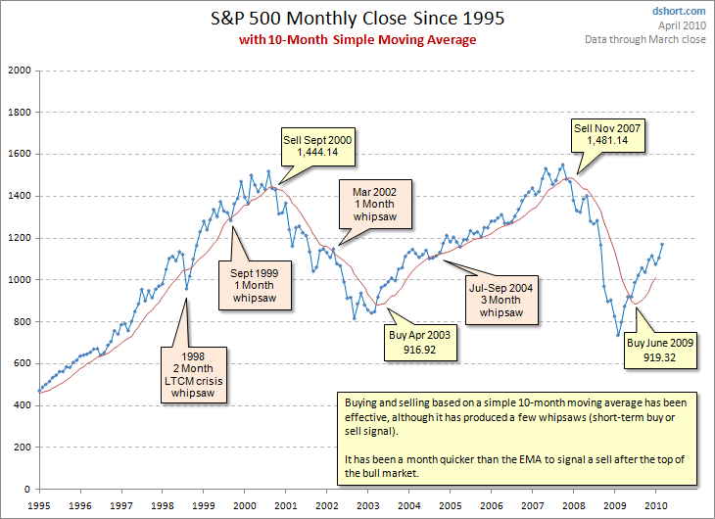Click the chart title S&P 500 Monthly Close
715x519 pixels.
click(357, 19)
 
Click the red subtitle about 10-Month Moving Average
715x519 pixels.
click(357, 39)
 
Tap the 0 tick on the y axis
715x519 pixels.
click(27, 489)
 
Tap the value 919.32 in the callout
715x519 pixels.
click(661, 359)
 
